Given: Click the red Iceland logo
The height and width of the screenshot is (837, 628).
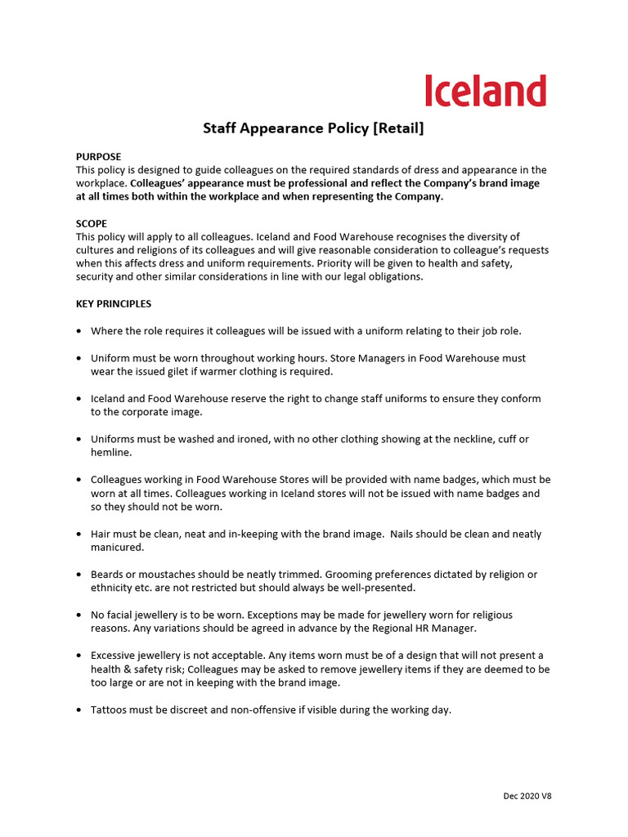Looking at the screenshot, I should (x=485, y=91).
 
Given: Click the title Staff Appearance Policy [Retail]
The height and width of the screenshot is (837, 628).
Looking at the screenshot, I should (x=313, y=128).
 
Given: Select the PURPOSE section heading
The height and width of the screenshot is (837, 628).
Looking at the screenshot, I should (x=98, y=156).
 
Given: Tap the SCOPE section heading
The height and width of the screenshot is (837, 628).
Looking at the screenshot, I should (x=92, y=223).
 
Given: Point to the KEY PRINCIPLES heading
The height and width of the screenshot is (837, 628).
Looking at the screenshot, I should (x=114, y=304).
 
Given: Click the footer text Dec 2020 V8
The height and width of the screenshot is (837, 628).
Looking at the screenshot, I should (x=527, y=796).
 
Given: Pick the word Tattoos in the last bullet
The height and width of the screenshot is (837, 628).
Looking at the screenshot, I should (x=110, y=709).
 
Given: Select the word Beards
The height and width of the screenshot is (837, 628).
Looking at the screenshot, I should (x=108, y=575).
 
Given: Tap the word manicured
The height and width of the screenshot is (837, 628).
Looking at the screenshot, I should (x=117, y=547).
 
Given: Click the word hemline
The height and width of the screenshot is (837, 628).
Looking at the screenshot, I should (x=110, y=452).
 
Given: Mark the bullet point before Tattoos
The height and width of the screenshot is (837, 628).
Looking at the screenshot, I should (x=78, y=710).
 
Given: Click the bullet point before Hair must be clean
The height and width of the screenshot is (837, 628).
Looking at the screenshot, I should (x=78, y=535).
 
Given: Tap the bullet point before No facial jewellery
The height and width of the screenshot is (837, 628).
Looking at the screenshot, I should (x=78, y=615).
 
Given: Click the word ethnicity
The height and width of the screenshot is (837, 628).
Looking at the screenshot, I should (x=115, y=588).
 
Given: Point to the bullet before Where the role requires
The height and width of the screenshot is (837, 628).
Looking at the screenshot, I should (x=78, y=331).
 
